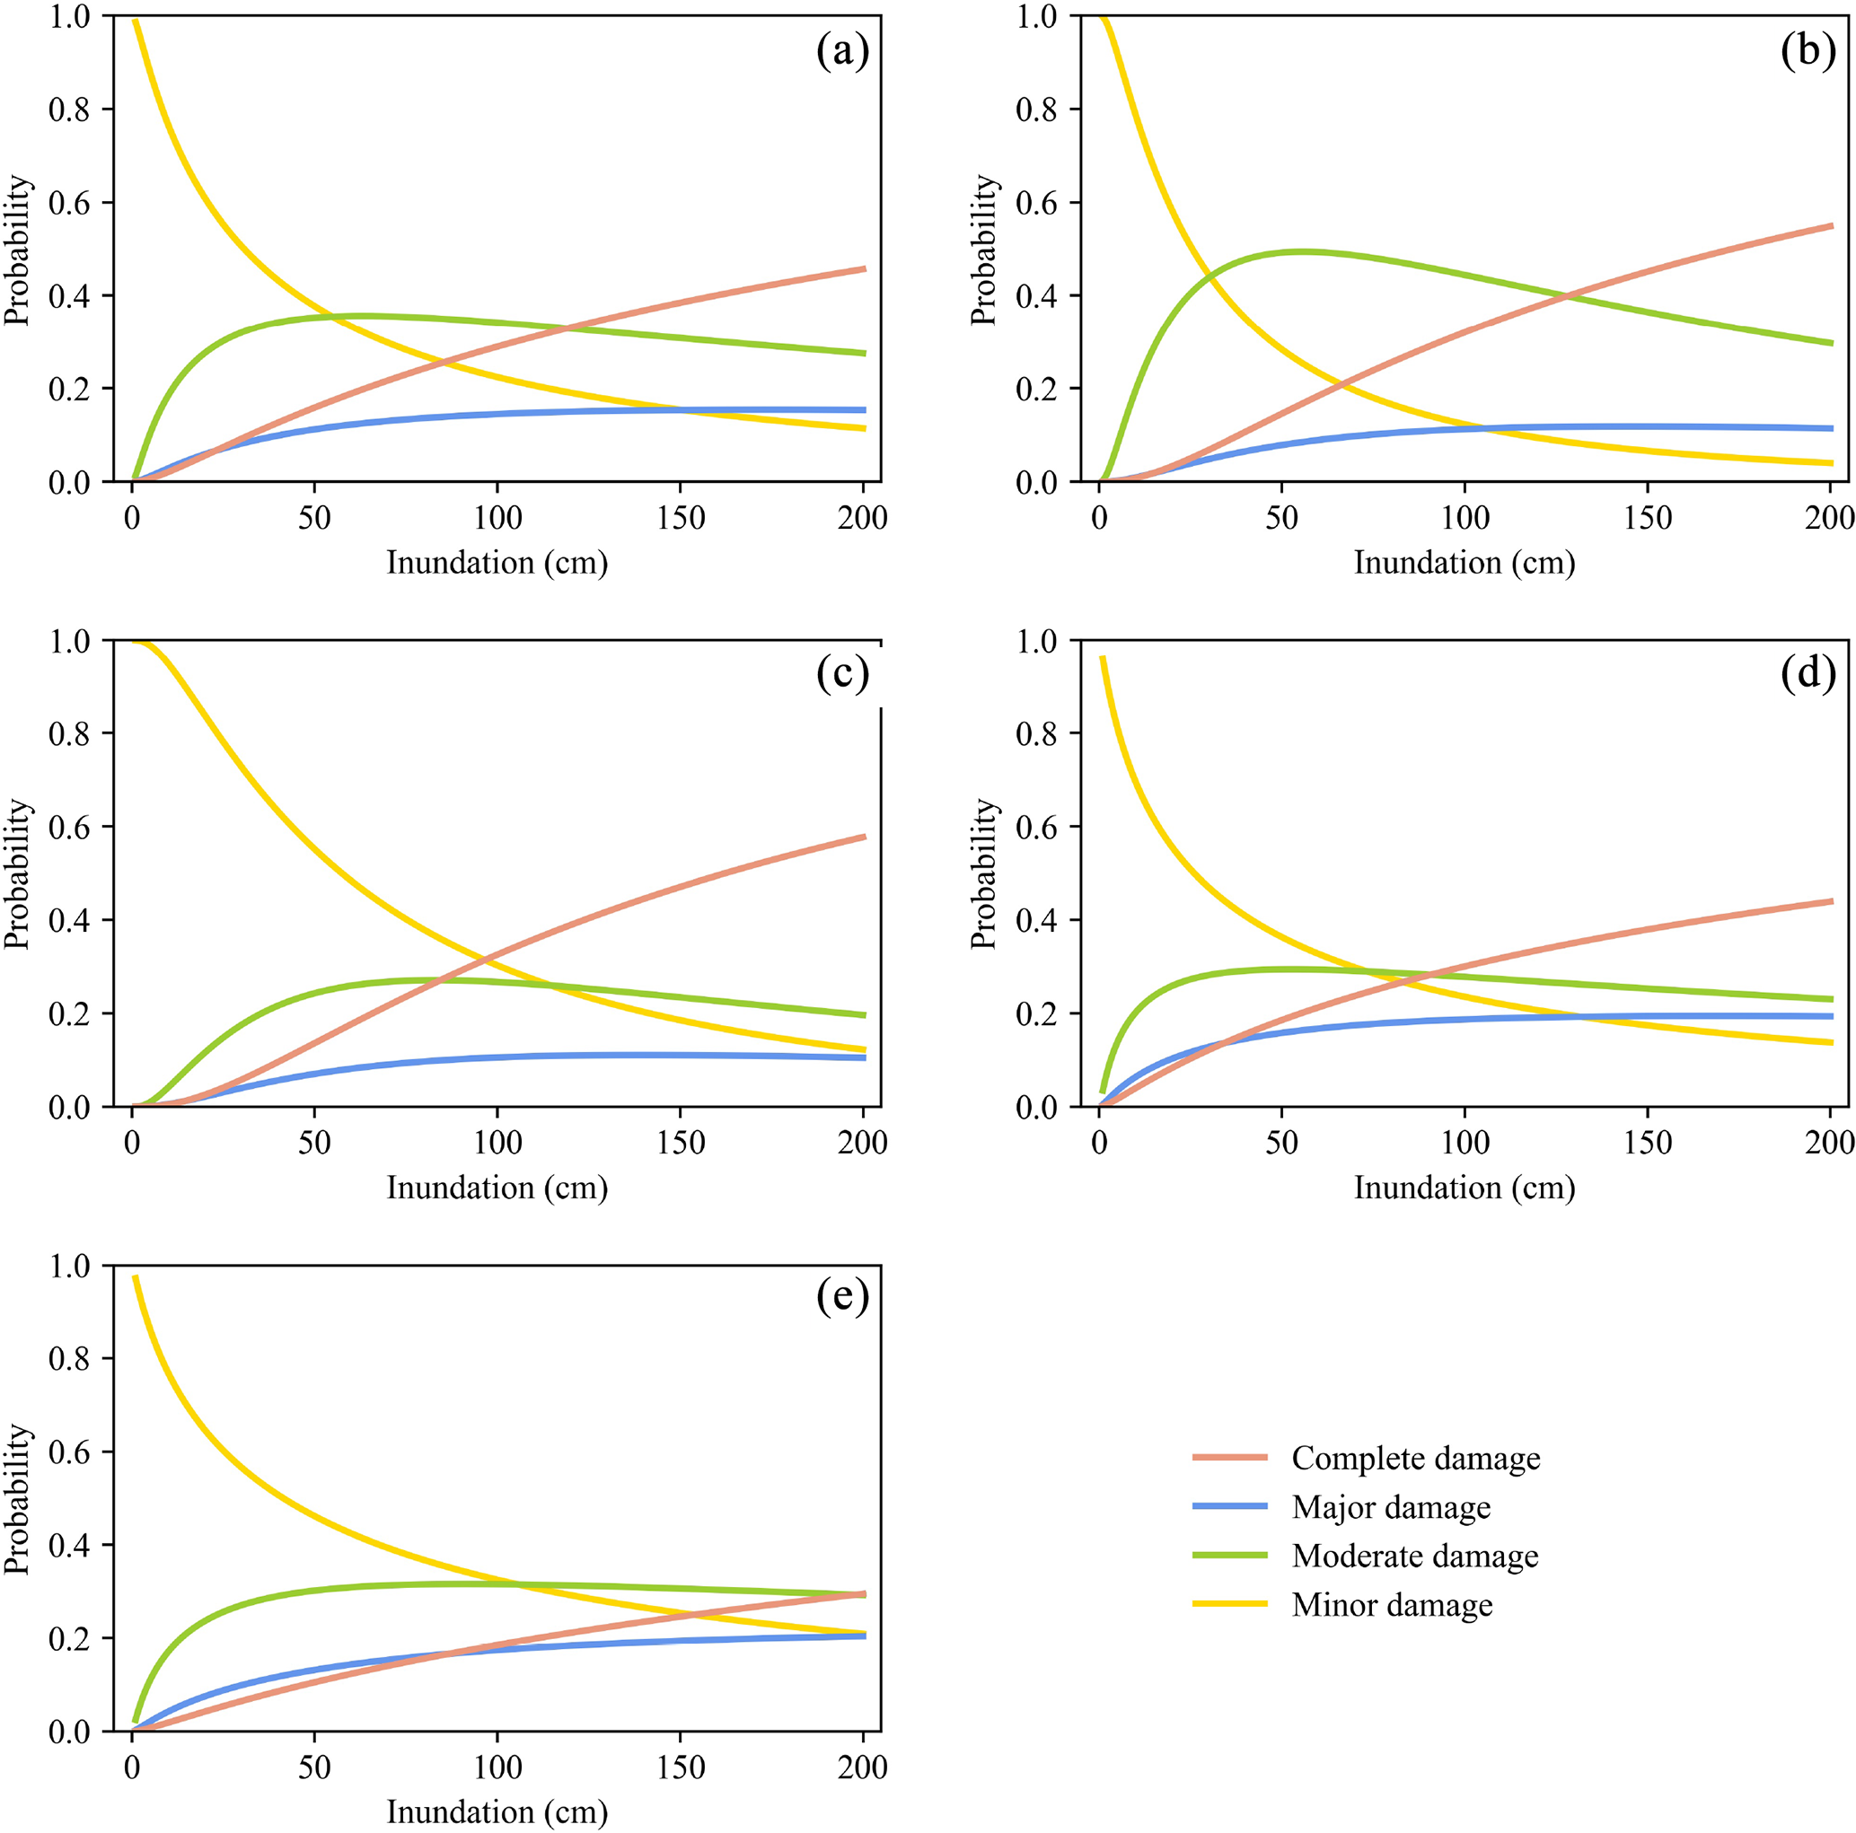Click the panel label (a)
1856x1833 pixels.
[x=842, y=51]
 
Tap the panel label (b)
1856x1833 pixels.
[x=1808, y=51]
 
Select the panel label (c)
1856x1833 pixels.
[x=842, y=674]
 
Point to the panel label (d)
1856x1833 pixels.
[x=1808, y=674]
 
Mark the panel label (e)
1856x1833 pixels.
[x=842, y=1297]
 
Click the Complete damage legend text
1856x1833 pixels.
[x=1415, y=1459]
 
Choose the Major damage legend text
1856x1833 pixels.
[x=1391, y=1507]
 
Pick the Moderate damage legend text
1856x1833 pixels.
[x=1414, y=1557]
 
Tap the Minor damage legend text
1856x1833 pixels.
[x=1392, y=1605]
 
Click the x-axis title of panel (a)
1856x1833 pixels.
[x=497, y=564]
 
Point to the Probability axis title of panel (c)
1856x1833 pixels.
[x=18, y=873]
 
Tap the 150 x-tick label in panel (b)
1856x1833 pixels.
[x=1648, y=519]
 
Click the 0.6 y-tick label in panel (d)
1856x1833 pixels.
[x=1035, y=828]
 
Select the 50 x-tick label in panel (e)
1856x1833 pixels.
[x=314, y=1767]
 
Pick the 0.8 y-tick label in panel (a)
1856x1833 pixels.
[x=68, y=110]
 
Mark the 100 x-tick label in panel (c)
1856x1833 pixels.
[x=497, y=1143]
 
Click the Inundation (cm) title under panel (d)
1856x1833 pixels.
[x=1464, y=1188]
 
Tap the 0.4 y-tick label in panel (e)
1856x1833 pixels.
[x=68, y=1545]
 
